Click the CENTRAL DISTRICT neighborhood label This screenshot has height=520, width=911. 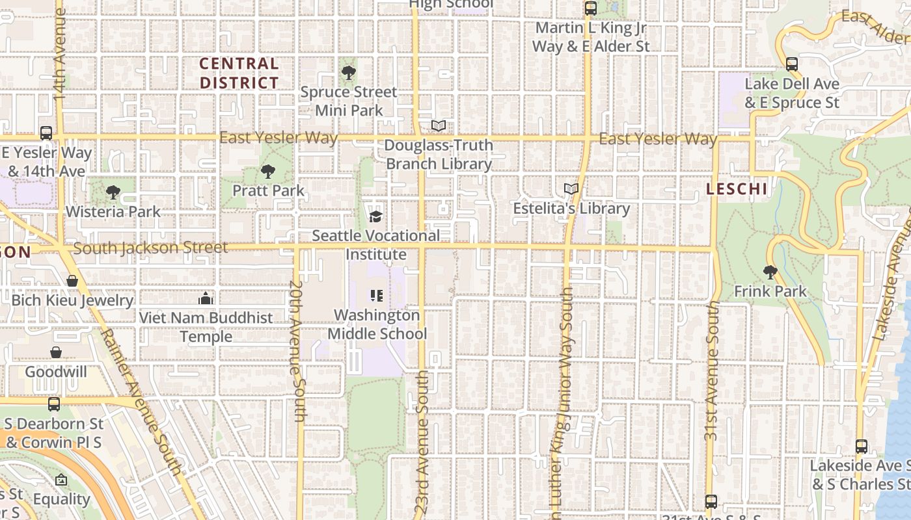pyautogui.click(x=239, y=73)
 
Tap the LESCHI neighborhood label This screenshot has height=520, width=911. pyautogui.click(x=737, y=189)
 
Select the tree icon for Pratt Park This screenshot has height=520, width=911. pyautogui.click(x=267, y=172)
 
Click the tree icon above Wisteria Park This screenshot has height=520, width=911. pyautogui.click(x=113, y=192)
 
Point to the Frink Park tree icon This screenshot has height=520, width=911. pyautogui.click(x=770, y=272)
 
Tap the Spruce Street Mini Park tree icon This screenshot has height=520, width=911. pyautogui.click(x=348, y=72)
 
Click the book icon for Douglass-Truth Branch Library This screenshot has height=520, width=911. pyautogui.click(x=439, y=125)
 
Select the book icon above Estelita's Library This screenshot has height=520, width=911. pyautogui.click(x=571, y=189)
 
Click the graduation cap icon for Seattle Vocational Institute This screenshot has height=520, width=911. pyautogui.click(x=375, y=216)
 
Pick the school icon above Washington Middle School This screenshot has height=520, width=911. pyautogui.click(x=376, y=296)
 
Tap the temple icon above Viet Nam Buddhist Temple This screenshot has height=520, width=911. pyautogui.click(x=206, y=298)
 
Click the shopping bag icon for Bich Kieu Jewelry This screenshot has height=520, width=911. pyautogui.click(x=72, y=281)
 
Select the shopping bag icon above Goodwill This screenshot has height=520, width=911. pyautogui.click(x=56, y=352)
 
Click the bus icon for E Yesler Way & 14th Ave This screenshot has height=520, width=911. pyautogui.click(x=46, y=133)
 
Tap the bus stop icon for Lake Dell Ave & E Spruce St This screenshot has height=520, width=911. pyautogui.click(x=792, y=64)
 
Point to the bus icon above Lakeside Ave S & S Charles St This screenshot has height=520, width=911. pyautogui.click(x=862, y=447)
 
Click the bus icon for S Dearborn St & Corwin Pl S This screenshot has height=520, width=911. pyautogui.click(x=54, y=404)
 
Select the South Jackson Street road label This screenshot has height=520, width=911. pyautogui.click(x=150, y=248)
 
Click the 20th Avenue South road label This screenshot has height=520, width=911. pyautogui.click(x=297, y=351)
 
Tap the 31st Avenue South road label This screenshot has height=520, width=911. pyautogui.click(x=713, y=370)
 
